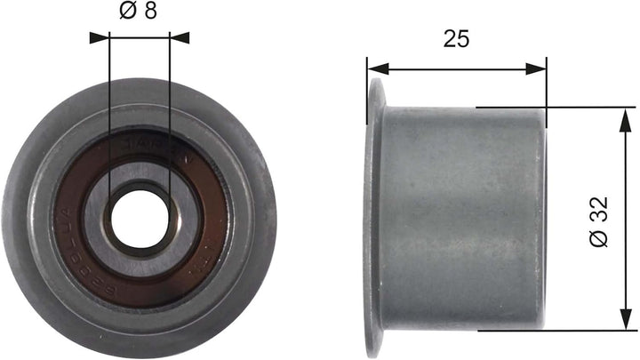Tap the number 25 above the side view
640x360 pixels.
click(x=456, y=38)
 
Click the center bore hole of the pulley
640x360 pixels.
click(x=138, y=217)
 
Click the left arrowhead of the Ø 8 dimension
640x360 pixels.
click(x=97, y=37)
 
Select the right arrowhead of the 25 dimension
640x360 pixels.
click(x=537, y=68)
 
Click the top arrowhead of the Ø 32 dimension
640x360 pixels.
click(x=619, y=116)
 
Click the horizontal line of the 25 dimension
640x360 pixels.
click(x=456, y=68)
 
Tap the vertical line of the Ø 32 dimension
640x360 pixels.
click(x=619, y=178)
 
